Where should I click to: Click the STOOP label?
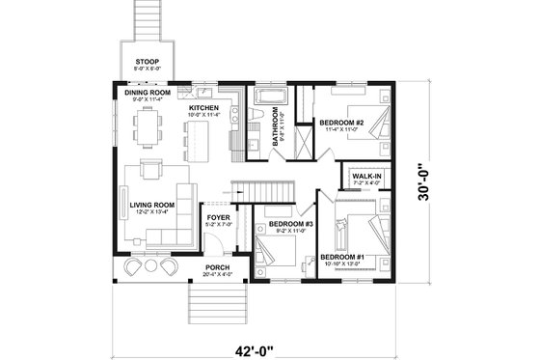point(148,61)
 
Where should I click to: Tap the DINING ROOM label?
point(148,93)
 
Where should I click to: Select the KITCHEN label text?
point(203,107)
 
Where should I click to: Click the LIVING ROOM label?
point(151,205)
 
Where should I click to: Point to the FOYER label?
point(218,217)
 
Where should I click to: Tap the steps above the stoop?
point(148,20)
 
